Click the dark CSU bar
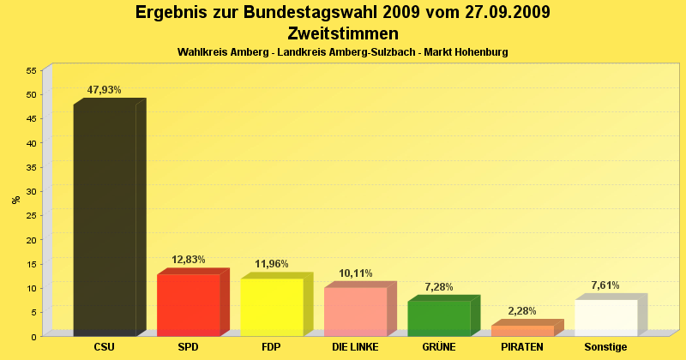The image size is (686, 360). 105,219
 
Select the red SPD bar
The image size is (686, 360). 189,304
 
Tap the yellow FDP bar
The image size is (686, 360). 272,307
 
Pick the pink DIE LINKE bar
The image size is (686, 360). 355,311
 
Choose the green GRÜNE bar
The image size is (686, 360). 439,317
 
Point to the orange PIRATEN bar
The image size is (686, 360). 522,331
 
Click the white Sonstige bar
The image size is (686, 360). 606,317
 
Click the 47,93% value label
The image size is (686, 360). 105,90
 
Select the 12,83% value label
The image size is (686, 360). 189,259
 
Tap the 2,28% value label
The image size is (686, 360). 522,311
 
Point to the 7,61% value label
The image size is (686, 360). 605,285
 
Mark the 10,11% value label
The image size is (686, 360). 355,273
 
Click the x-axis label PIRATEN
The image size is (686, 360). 522,347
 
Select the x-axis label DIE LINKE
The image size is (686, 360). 355,347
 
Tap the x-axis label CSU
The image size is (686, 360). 105,347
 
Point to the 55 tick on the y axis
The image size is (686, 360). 31,70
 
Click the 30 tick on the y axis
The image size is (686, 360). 31,191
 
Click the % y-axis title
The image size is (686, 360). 16,200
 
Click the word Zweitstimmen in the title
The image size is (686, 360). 343,34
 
